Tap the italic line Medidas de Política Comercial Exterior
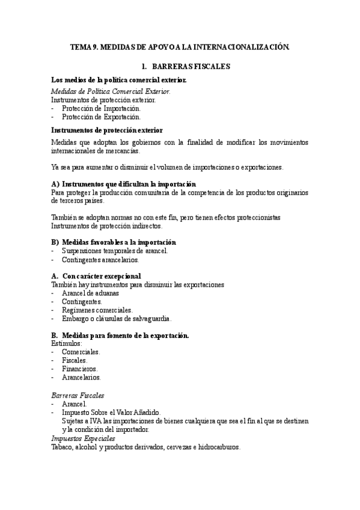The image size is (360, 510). (111, 91)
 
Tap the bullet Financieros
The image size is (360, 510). (80, 368)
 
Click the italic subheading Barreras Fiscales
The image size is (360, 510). (78, 395)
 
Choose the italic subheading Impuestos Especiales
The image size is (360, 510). (83, 438)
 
